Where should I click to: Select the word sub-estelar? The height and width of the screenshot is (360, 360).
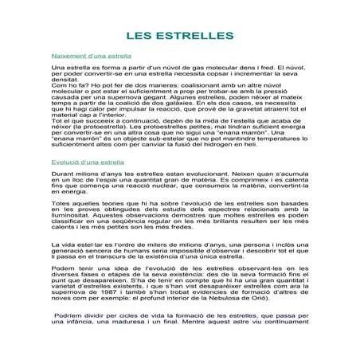(x=148, y=158)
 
